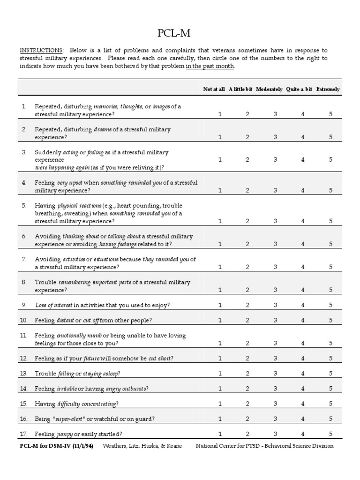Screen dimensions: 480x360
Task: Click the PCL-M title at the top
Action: (180, 33)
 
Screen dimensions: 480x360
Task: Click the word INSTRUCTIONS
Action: (41, 50)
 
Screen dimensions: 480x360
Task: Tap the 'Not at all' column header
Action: (214, 89)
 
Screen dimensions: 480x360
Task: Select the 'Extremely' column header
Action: (328, 89)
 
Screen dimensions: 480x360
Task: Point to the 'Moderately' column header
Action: (269, 89)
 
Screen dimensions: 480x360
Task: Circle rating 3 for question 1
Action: (275, 114)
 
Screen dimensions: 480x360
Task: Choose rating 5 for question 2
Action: (330, 137)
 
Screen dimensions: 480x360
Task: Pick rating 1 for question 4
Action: (220, 190)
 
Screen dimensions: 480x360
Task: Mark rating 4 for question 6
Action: (303, 244)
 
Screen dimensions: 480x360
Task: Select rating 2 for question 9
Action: (247, 305)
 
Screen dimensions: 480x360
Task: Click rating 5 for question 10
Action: (330, 320)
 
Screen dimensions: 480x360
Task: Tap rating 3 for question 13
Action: (275, 373)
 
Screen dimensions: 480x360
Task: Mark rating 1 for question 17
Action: (220, 434)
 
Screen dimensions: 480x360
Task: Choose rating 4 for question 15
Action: (303, 403)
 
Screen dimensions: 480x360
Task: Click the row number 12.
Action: (24, 358)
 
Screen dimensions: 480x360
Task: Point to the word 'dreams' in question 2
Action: (103, 129)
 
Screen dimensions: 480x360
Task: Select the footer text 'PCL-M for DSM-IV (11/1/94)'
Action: (56, 446)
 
